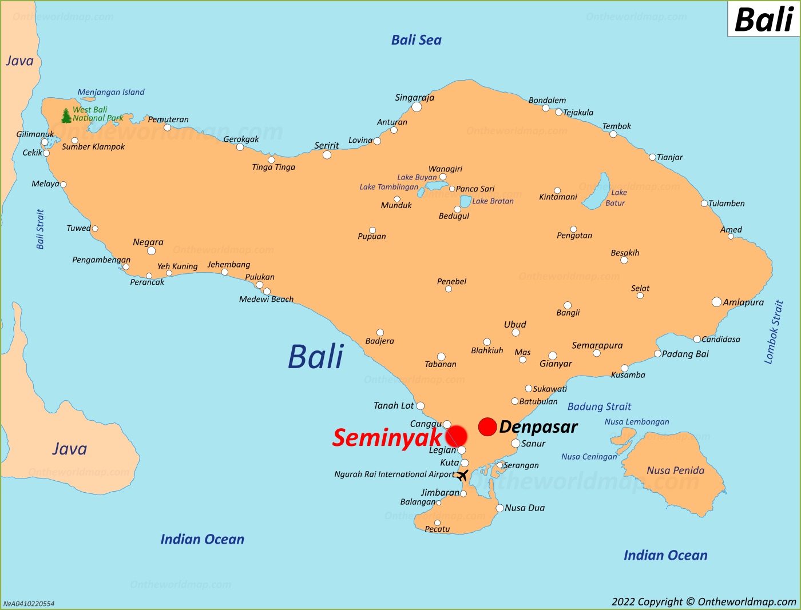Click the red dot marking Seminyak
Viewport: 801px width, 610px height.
click(x=456, y=436)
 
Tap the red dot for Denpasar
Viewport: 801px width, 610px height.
click(x=487, y=426)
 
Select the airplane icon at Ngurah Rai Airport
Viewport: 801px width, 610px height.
click(x=462, y=475)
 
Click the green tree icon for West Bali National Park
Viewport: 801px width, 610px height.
click(x=66, y=115)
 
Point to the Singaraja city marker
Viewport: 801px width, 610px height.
click(x=417, y=107)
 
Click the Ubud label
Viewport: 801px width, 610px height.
click(x=515, y=324)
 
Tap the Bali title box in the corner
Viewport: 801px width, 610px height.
click(x=763, y=19)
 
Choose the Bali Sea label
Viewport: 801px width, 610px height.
click(x=416, y=40)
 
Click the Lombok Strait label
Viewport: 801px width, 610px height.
click(x=774, y=332)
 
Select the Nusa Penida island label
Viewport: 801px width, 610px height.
click(x=675, y=471)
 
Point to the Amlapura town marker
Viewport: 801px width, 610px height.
click(x=716, y=302)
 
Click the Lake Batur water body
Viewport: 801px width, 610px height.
click(x=600, y=190)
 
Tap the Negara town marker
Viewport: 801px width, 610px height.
click(x=151, y=251)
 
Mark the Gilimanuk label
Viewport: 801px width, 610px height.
click(x=35, y=134)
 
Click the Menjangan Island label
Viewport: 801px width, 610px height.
click(x=111, y=92)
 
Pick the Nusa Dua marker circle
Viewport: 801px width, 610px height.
click(x=499, y=508)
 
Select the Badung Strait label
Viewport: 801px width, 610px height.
click(x=599, y=406)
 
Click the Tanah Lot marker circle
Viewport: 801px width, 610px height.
click(x=420, y=406)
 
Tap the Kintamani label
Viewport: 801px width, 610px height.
click(x=558, y=197)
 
